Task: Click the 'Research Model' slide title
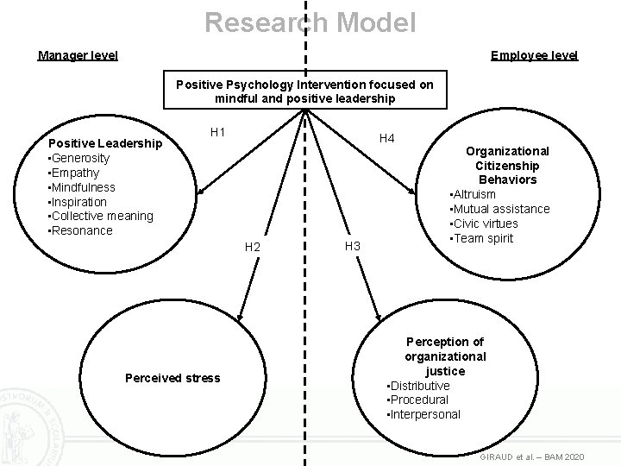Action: (310, 22)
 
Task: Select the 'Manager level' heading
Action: (78, 55)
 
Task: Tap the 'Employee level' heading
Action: (534, 55)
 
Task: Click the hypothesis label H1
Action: (218, 132)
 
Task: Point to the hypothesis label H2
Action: (252, 248)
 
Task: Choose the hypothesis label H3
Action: (352, 246)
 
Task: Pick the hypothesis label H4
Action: (387, 138)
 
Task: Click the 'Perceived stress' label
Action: (172, 377)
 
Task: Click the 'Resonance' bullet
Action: (81, 230)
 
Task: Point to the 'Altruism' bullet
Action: (474, 194)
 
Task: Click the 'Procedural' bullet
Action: (419, 400)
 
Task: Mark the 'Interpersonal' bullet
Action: (425, 414)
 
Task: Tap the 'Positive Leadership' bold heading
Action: (104, 143)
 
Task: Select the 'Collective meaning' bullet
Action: (101, 216)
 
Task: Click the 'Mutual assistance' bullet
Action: (499, 209)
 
